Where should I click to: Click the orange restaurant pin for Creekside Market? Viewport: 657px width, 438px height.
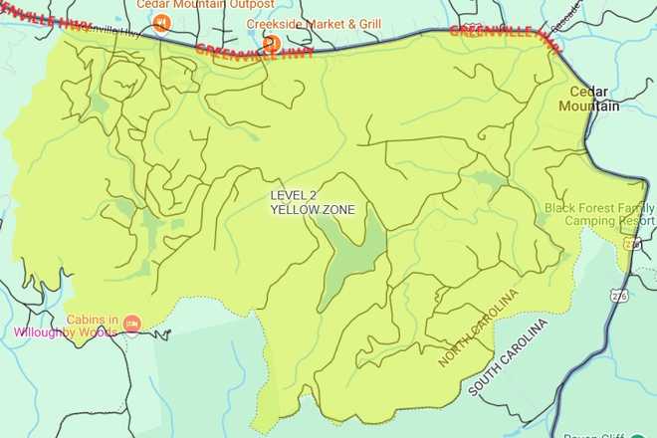coord(270,42)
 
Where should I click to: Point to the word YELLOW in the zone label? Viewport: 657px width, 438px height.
coord(293,210)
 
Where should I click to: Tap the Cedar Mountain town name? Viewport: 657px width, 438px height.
coord(594,100)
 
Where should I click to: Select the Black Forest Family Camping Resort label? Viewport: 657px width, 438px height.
coord(600,214)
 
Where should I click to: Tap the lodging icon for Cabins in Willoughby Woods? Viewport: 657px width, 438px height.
coord(132,324)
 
